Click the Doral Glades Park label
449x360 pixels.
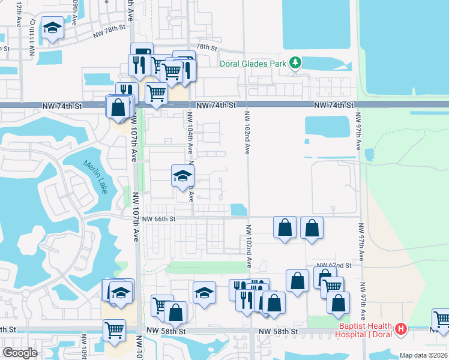click(x=263, y=62)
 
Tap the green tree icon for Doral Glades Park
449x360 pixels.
click(x=295, y=62)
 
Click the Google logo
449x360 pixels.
click(x=20, y=353)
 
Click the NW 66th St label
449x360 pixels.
click(x=158, y=220)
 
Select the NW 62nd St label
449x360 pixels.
click(x=334, y=265)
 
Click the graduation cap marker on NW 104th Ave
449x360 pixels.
click(x=183, y=176)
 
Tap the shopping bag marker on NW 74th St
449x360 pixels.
click(x=119, y=108)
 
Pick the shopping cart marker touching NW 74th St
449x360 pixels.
click(x=156, y=94)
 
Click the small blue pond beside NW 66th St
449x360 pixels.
click(x=238, y=209)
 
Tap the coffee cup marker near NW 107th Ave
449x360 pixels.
click(x=142, y=53)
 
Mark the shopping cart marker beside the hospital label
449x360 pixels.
click(x=441, y=319)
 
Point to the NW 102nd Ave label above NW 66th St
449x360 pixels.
click(x=247, y=133)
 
